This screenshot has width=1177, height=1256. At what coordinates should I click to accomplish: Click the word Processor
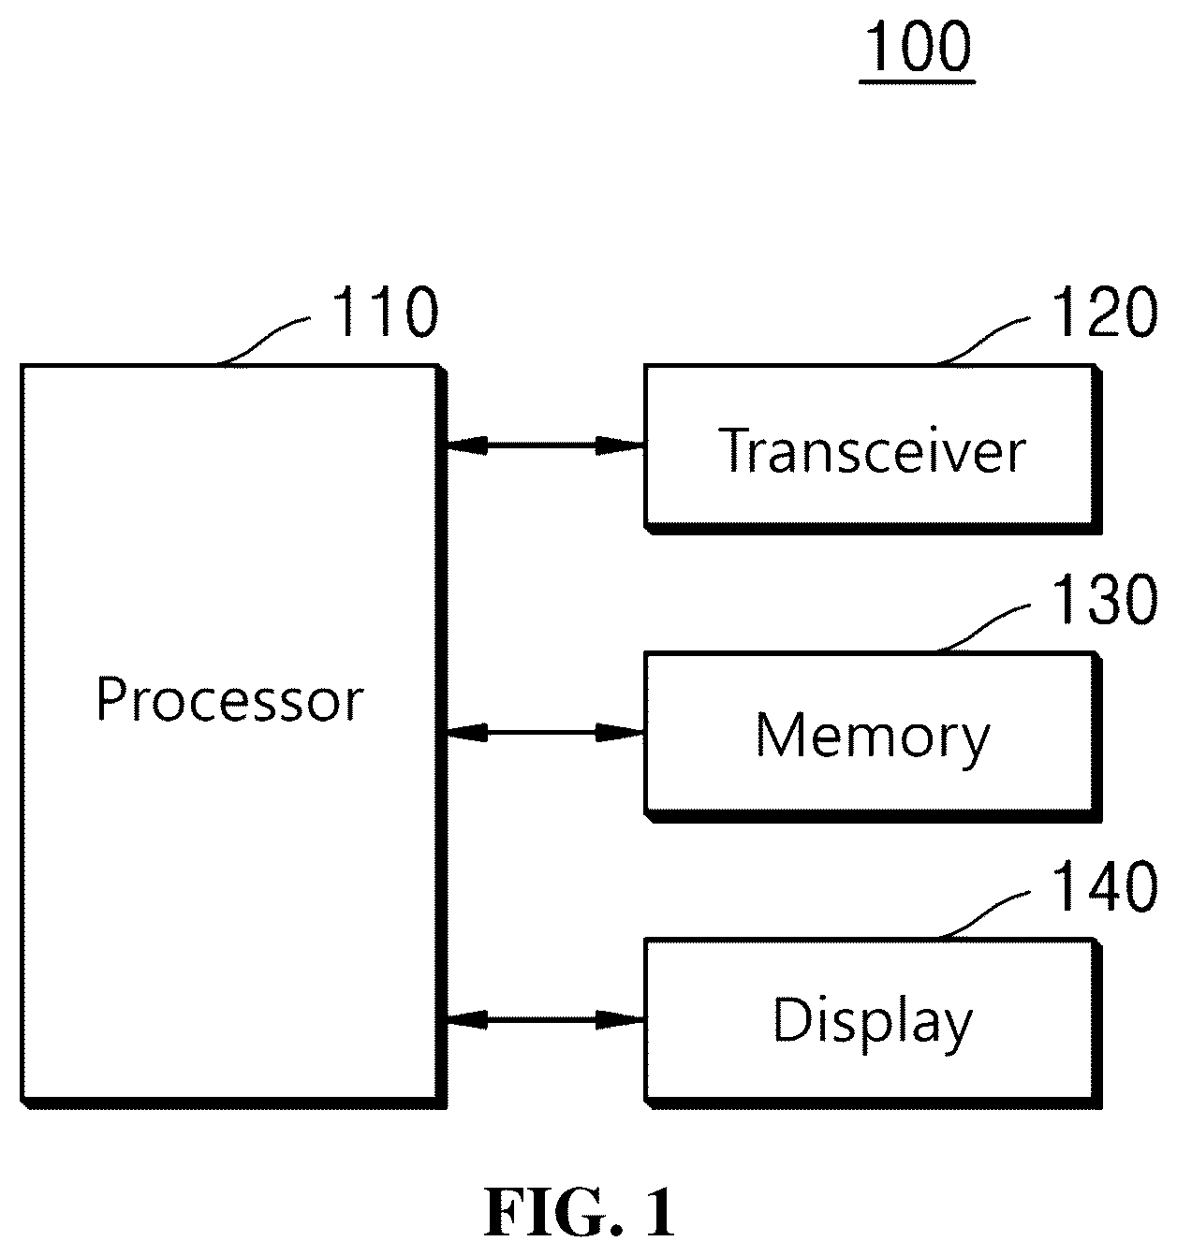[x=229, y=699]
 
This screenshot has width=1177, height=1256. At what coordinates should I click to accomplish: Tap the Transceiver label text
[x=872, y=450]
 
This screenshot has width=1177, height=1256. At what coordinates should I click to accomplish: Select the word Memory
[x=873, y=738]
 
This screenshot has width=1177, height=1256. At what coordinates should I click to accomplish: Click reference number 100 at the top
[x=919, y=46]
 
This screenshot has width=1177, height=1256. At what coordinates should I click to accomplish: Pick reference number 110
[x=385, y=311]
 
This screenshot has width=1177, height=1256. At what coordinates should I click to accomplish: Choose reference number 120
[x=1104, y=311]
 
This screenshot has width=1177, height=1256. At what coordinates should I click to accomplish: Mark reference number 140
[x=1104, y=885]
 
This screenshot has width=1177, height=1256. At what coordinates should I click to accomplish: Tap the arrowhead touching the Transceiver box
[x=620, y=445]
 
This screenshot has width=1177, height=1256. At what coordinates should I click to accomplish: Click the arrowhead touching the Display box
[x=620, y=1020]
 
